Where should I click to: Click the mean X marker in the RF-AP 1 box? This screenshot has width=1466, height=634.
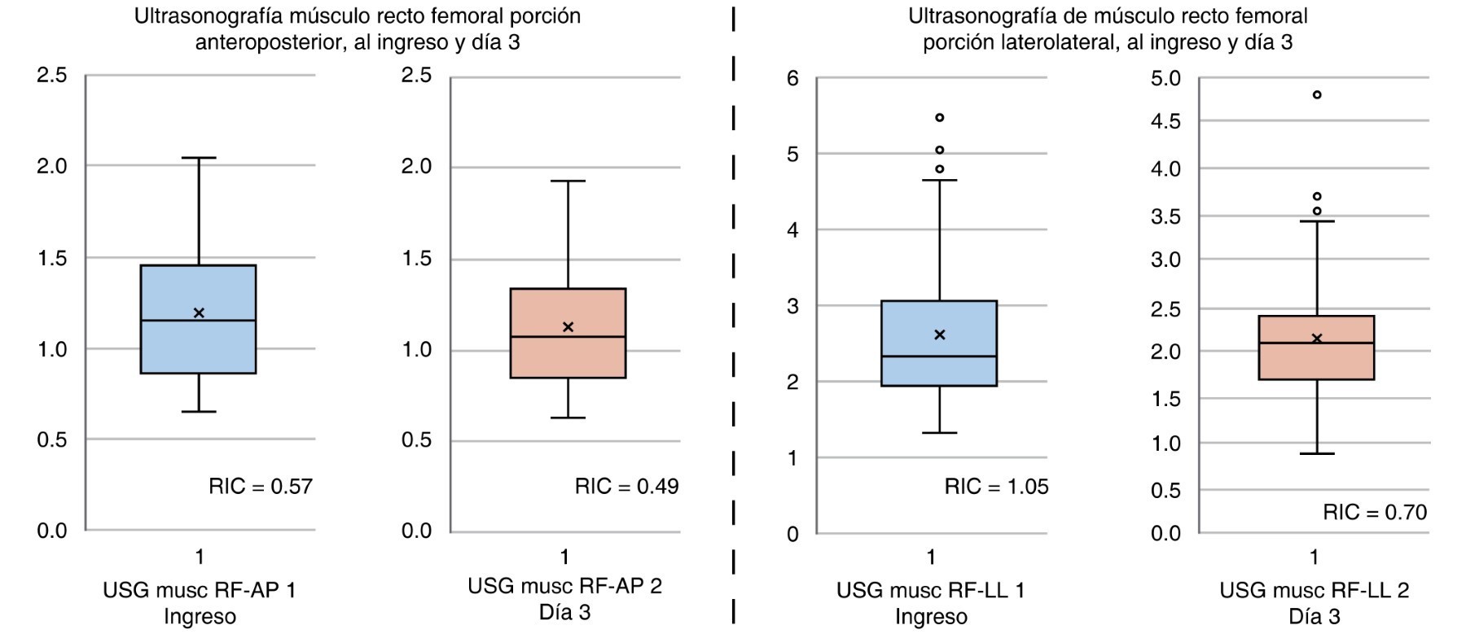[x=199, y=313]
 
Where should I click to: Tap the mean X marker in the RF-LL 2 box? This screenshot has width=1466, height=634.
[x=1316, y=338]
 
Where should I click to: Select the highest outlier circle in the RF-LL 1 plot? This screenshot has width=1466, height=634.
[x=939, y=118]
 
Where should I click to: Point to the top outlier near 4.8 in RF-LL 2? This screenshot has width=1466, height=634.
[x=1316, y=95]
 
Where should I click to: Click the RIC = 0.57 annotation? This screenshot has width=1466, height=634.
[x=261, y=487]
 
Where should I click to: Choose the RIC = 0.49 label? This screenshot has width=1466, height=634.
[x=626, y=487]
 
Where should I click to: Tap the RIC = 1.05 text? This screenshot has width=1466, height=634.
[x=996, y=487]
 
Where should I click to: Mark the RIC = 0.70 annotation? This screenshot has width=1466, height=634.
[x=1375, y=512]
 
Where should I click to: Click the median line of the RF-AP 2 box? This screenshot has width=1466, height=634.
[x=568, y=337]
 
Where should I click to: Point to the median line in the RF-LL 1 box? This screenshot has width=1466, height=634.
[x=939, y=356]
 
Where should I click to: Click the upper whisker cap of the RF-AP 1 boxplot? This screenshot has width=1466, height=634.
[x=199, y=158]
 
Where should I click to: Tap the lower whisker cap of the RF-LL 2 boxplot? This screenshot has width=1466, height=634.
[x=1316, y=453]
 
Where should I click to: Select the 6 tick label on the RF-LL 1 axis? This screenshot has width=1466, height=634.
[x=792, y=79]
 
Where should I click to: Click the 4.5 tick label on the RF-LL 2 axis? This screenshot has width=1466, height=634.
[x=1165, y=121]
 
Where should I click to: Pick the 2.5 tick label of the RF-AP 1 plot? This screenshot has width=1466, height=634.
[x=51, y=76]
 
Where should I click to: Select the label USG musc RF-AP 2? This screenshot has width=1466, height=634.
[x=564, y=586]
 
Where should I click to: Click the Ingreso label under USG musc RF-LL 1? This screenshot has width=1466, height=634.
[x=931, y=617]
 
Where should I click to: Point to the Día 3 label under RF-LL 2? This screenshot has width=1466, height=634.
[x=1314, y=617]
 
